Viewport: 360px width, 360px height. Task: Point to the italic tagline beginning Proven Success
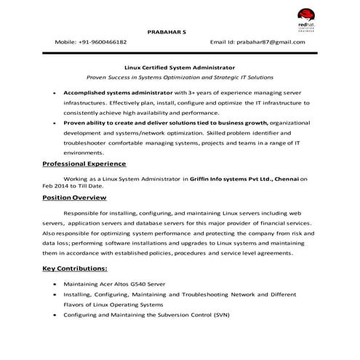pos(180,76)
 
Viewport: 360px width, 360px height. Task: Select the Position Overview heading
pos(74,198)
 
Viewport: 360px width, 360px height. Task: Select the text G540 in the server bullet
pos(154,284)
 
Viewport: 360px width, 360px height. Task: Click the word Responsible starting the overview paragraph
pos(85,212)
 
